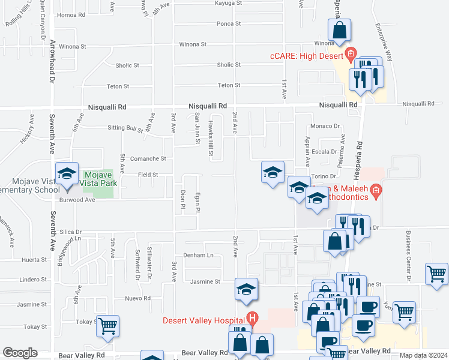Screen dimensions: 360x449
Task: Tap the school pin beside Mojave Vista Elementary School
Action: (67, 175)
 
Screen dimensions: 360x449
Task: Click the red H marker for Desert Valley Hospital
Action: (253, 318)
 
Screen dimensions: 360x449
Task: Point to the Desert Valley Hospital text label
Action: (204, 320)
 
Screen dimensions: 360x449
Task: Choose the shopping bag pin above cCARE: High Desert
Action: (339, 30)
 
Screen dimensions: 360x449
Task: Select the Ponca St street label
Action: (229, 24)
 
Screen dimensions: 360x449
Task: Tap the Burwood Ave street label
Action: (77, 200)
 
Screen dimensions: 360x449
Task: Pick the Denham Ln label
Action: (198, 255)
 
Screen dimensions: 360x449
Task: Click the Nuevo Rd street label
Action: (138, 298)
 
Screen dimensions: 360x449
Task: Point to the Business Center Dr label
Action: (408, 256)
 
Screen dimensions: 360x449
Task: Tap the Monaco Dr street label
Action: (325, 127)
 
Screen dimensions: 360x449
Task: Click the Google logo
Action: (20, 353)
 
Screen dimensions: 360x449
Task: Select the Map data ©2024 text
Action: (424, 355)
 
